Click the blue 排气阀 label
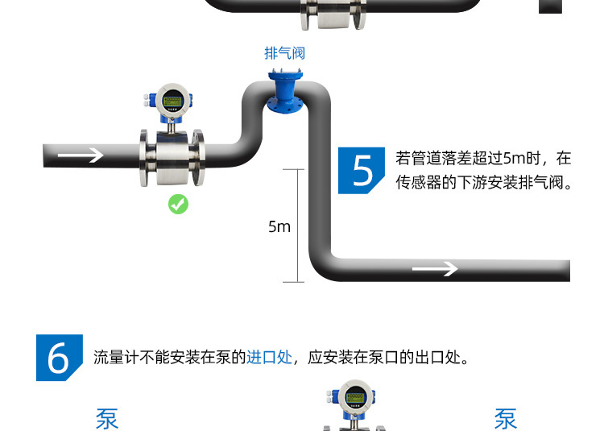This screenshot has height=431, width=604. click(x=284, y=53)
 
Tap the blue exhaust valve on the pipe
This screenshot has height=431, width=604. click(x=285, y=92)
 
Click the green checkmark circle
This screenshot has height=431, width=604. click(x=178, y=204)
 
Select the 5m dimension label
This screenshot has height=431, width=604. click(x=279, y=226)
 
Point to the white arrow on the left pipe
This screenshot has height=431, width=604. click(x=81, y=155)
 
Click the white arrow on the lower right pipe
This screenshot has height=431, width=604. click(x=435, y=268)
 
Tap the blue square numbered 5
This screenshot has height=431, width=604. click(x=362, y=170)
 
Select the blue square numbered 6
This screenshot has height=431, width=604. click(x=60, y=358)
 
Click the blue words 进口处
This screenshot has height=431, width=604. click(x=269, y=357)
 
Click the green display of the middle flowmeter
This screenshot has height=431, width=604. click(x=172, y=102)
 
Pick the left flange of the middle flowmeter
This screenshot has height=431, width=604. click(x=144, y=159)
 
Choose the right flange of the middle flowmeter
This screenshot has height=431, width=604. click(x=199, y=158)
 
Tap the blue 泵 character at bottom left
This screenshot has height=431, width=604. click(x=106, y=419)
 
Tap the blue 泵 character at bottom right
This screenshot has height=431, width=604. click(x=506, y=419)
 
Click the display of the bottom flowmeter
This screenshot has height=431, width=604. click(x=355, y=398)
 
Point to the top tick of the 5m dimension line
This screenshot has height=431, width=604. click(x=293, y=169)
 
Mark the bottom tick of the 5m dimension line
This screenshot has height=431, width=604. click(x=293, y=282)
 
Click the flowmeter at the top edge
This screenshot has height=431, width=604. click(x=333, y=15)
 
